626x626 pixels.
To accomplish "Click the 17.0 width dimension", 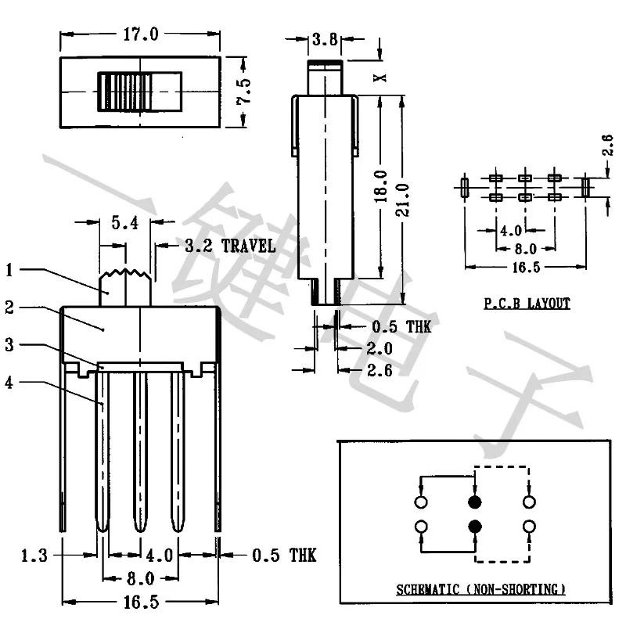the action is (141, 34).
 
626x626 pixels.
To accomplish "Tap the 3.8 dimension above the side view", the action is (325, 39).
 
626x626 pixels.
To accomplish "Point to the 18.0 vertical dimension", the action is (381, 185).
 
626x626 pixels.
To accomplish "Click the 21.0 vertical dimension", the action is (402, 200).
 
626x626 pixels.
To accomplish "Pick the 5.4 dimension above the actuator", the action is (125, 222).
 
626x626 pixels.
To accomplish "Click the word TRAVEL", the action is (248, 246).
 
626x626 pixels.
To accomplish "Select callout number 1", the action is (9, 270).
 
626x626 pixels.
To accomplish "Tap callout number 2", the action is (9, 308).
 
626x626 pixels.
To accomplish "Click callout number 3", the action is (9, 344).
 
